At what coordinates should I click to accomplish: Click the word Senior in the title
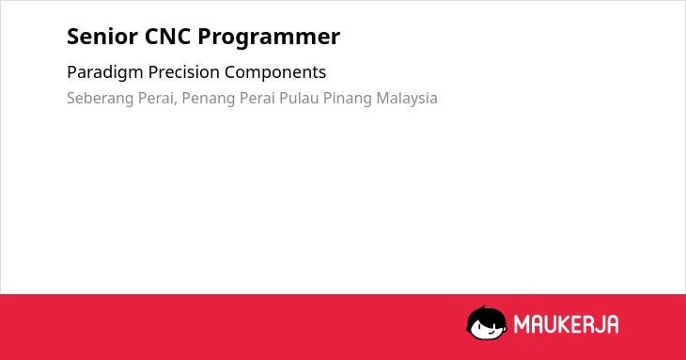pyautogui.click(x=102, y=37)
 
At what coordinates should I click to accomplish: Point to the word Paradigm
pyautogui.click(x=105, y=72)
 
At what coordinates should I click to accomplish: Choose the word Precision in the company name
pyautogui.click(x=184, y=72)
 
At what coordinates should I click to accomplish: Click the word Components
pyautogui.click(x=275, y=72)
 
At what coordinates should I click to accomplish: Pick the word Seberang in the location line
pyautogui.click(x=101, y=99)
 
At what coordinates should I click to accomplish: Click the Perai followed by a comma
pyautogui.click(x=158, y=98)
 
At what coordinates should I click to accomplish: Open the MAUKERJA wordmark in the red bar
pyautogui.click(x=566, y=324)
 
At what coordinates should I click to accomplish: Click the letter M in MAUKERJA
pyautogui.click(x=522, y=324)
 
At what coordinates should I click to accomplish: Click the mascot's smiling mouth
pyautogui.click(x=490, y=332)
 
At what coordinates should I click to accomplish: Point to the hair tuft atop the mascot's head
pyautogui.click(x=483, y=308)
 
